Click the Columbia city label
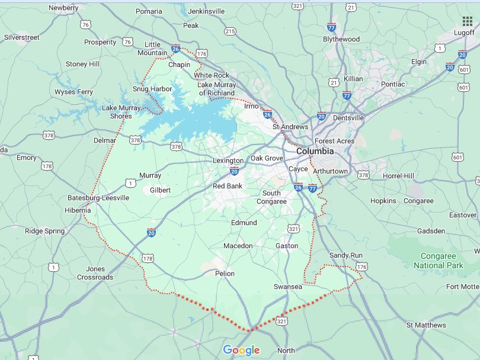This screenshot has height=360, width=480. tap(315, 151)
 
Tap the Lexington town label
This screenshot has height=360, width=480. tap(228, 160)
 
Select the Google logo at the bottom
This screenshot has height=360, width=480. tap(241, 350)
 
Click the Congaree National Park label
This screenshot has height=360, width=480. tap(441, 261)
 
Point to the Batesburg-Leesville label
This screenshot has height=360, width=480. tap(98, 197)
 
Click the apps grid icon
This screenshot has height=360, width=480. tap(467, 22)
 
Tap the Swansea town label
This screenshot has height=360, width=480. tap(288, 287)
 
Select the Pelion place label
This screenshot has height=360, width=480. tap(225, 274)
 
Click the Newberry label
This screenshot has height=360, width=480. tap(63, 8)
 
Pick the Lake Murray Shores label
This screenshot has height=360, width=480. tap(121, 111)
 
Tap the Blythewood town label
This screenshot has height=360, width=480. tap(341, 39)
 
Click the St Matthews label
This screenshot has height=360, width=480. tap(426, 325)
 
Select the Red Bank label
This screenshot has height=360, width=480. tap(228, 186)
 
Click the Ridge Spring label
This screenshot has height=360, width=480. tap(45, 231)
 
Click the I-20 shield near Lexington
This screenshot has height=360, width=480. tap(234, 171)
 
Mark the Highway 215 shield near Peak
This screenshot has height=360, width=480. tap(230, 31)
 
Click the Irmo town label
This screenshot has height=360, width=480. tap(252, 106)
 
